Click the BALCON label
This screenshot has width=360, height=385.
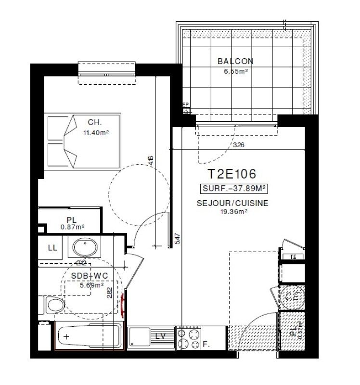pos(235,61)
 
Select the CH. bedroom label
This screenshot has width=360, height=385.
pos(94,122)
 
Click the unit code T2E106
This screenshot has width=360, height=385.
pos(231,174)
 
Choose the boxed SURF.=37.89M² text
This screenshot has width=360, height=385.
pos(234,188)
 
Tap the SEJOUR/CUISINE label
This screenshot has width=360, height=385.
pos(232,203)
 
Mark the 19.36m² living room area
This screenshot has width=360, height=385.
pos(232,211)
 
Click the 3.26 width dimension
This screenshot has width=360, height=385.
pos(238,145)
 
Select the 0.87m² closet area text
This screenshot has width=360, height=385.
pos(73,227)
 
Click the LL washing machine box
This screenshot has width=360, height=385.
pos(52,247)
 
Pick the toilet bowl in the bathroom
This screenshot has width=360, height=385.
pos(55,305)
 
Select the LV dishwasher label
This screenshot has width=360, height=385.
pos(161,335)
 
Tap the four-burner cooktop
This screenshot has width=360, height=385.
pos(189,338)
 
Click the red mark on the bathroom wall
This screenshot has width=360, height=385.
pos(125,305)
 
